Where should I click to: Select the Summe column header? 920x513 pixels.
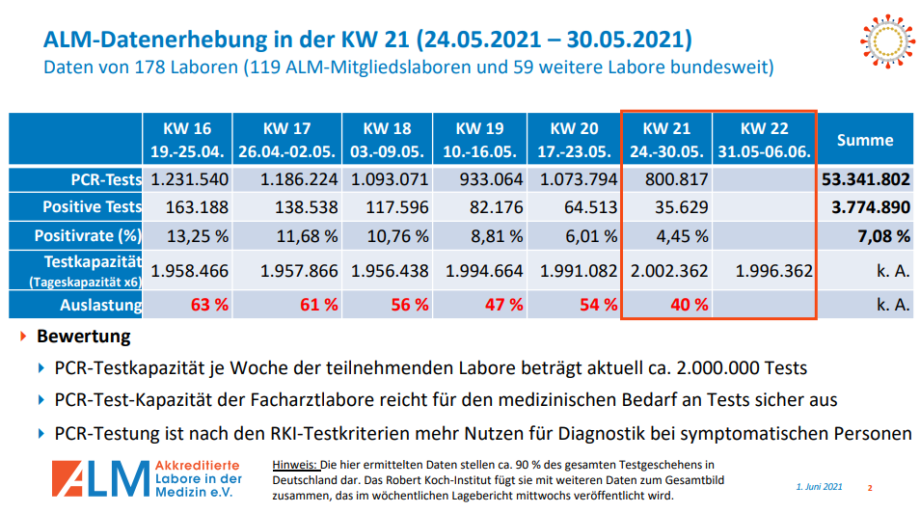coord(865,140)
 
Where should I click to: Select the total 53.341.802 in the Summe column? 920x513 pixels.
coord(865,179)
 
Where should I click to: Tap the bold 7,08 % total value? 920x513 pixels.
coord(884,235)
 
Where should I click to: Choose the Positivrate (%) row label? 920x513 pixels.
coord(88,235)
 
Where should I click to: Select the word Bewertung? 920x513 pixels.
coord(83,337)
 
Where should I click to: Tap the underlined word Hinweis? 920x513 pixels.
coord(295,465)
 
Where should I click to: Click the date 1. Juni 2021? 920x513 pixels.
coord(820,488)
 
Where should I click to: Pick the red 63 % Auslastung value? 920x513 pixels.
coord(209,305)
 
